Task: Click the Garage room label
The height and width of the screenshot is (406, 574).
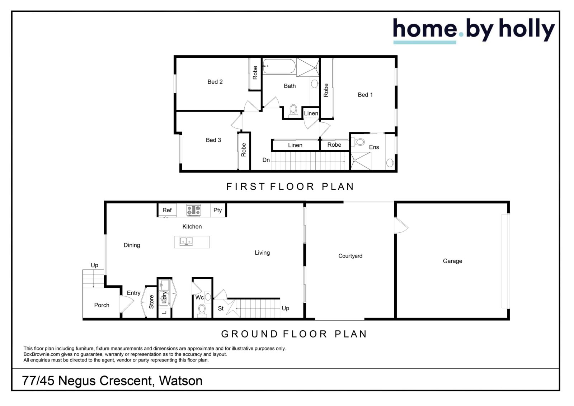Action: click(x=452, y=261)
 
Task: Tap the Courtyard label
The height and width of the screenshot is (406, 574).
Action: click(x=350, y=256)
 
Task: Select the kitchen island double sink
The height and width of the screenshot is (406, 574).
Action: click(x=186, y=241)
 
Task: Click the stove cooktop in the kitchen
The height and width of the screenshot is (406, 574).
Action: click(x=194, y=210)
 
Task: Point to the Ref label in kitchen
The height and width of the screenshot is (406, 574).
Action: click(x=167, y=210)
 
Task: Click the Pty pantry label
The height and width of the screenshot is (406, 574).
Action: click(x=217, y=210)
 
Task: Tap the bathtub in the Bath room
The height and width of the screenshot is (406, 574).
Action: click(x=279, y=66)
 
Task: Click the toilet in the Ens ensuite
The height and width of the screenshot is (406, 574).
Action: click(x=359, y=142)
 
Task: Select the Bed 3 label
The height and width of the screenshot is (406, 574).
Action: click(x=213, y=140)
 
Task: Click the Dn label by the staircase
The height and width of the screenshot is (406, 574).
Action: click(x=266, y=160)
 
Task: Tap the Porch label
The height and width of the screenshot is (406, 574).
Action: click(x=102, y=305)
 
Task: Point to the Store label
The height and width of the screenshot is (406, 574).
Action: click(x=151, y=302)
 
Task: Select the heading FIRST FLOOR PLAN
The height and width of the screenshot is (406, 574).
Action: click(x=290, y=187)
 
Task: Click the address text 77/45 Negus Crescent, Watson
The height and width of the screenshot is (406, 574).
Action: click(x=112, y=381)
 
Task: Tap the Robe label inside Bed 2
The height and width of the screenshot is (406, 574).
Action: click(x=255, y=73)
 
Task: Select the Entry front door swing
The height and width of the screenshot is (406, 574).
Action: click(x=126, y=304)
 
